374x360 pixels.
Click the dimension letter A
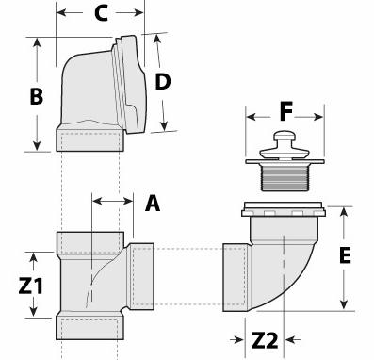[153, 204]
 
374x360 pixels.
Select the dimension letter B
[37, 96]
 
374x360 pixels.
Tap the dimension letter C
[101, 13]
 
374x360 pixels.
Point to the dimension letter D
[163, 82]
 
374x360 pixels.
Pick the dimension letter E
[345, 255]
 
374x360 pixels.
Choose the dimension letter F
[286, 111]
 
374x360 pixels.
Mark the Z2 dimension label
[265, 340]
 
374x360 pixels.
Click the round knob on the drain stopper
[285, 136]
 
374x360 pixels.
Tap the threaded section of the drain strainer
[284, 178]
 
